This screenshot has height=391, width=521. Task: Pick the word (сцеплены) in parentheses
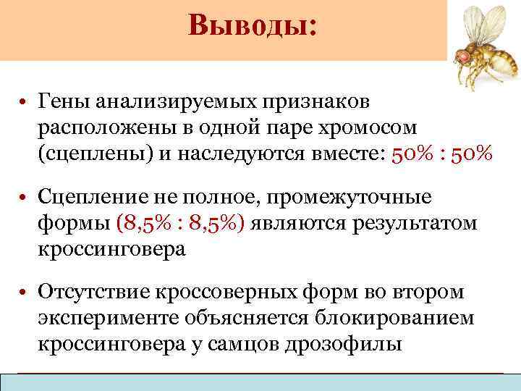[x=90, y=154]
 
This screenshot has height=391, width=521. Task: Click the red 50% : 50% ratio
[x=441, y=154]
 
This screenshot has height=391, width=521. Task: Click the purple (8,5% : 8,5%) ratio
[x=183, y=223]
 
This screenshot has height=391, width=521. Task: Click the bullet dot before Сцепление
[x=24, y=197]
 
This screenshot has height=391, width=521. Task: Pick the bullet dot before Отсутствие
[x=24, y=292]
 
